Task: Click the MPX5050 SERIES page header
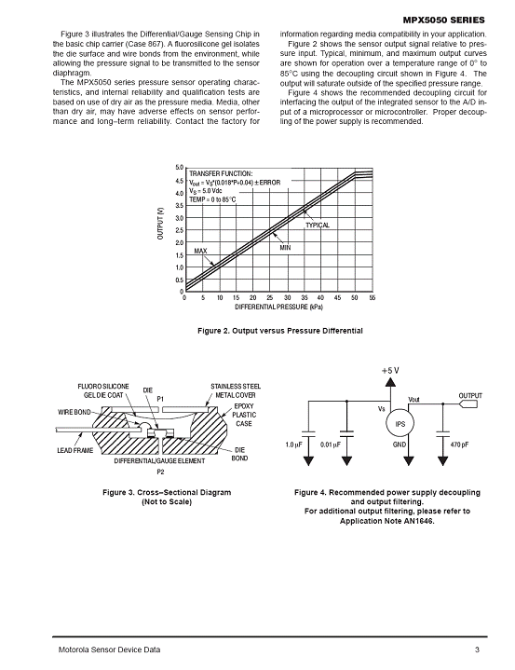(x=443, y=21)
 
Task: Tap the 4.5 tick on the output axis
(x=180, y=181)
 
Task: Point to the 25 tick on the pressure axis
(x=270, y=298)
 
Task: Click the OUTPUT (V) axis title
(x=160, y=224)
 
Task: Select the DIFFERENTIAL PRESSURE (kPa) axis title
(x=278, y=308)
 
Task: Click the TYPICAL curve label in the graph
(x=318, y=226)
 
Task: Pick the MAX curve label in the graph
(x=200, y=251)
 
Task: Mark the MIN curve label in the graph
(x=285, y=247)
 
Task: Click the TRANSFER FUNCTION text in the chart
(x=221, y=173)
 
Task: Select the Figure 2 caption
(x=280, y=331)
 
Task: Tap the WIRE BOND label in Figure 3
(x=75, y=412)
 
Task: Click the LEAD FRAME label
(x=75, y=450)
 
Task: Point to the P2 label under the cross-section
(x=160, y=472)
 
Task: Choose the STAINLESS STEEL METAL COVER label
(x=236, y=390)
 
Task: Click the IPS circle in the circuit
(x=400, y=423)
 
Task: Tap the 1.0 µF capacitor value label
(x=293, y=444)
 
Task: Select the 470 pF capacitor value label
(x=459, y=444)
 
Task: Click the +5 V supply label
(x=390, y=371)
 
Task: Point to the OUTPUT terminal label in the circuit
(x=470, y=396)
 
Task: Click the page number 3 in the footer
(x=477, y=649)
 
